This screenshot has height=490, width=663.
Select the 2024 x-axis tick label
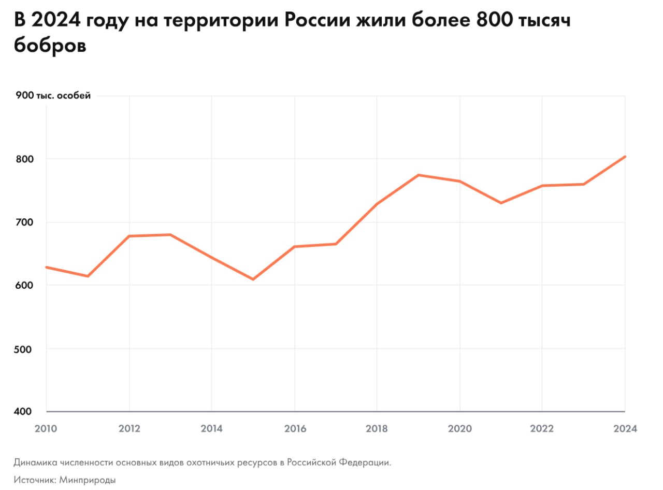coord(625,429)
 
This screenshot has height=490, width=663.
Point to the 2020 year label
coord(459,429)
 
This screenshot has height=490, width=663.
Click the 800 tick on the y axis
coord(24,159)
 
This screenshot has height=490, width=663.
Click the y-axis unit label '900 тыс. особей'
coord(53,96)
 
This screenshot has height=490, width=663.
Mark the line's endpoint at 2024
coord(625,156)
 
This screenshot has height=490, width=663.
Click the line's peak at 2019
coord(419,175)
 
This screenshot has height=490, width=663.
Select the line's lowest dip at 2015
coord(253,279)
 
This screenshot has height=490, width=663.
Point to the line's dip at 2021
coord(501,203)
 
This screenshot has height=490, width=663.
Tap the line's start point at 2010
coord(47,267)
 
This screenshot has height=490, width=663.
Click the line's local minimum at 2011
coord(88,276)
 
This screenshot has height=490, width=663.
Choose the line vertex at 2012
coord(129,236)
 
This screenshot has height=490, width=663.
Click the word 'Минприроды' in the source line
coord(88,480)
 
